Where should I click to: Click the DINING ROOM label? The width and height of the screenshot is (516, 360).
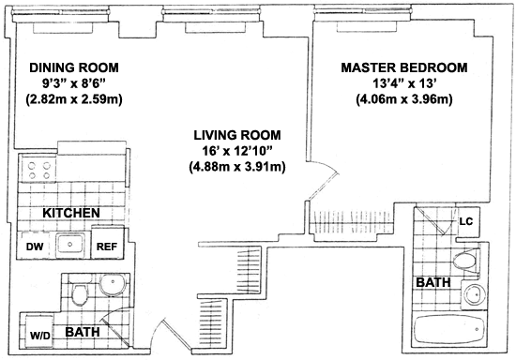[74, 67]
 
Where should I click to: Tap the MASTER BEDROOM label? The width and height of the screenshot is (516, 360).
[404, 67]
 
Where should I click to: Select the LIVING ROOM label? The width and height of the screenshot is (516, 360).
[237, 135]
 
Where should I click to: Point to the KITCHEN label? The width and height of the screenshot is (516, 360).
[71, 213]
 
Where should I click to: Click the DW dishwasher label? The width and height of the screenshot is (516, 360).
[35, 247]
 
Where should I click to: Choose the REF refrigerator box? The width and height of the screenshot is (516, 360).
[107, 242]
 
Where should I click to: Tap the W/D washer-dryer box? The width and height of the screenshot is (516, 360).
[39, 331]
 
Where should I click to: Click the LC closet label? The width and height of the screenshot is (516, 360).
[466, 221]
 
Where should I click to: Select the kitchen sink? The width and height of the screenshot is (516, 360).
[69, 245]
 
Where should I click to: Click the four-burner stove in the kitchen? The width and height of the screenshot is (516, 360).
[39, 170]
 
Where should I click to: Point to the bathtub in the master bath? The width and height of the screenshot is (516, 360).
[448, 330]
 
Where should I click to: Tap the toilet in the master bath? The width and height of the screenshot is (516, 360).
[466, 261]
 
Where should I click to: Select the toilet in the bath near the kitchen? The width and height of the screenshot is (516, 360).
[80, 292]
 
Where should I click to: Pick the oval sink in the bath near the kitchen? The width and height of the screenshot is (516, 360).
[113, 284]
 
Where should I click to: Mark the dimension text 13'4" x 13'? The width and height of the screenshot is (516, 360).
[404, 83]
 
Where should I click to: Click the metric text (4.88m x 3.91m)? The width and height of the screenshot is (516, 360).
[237, 167]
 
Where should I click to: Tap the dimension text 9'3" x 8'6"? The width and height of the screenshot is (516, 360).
[74, 83]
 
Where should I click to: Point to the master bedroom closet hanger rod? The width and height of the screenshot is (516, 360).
[352, 223]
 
